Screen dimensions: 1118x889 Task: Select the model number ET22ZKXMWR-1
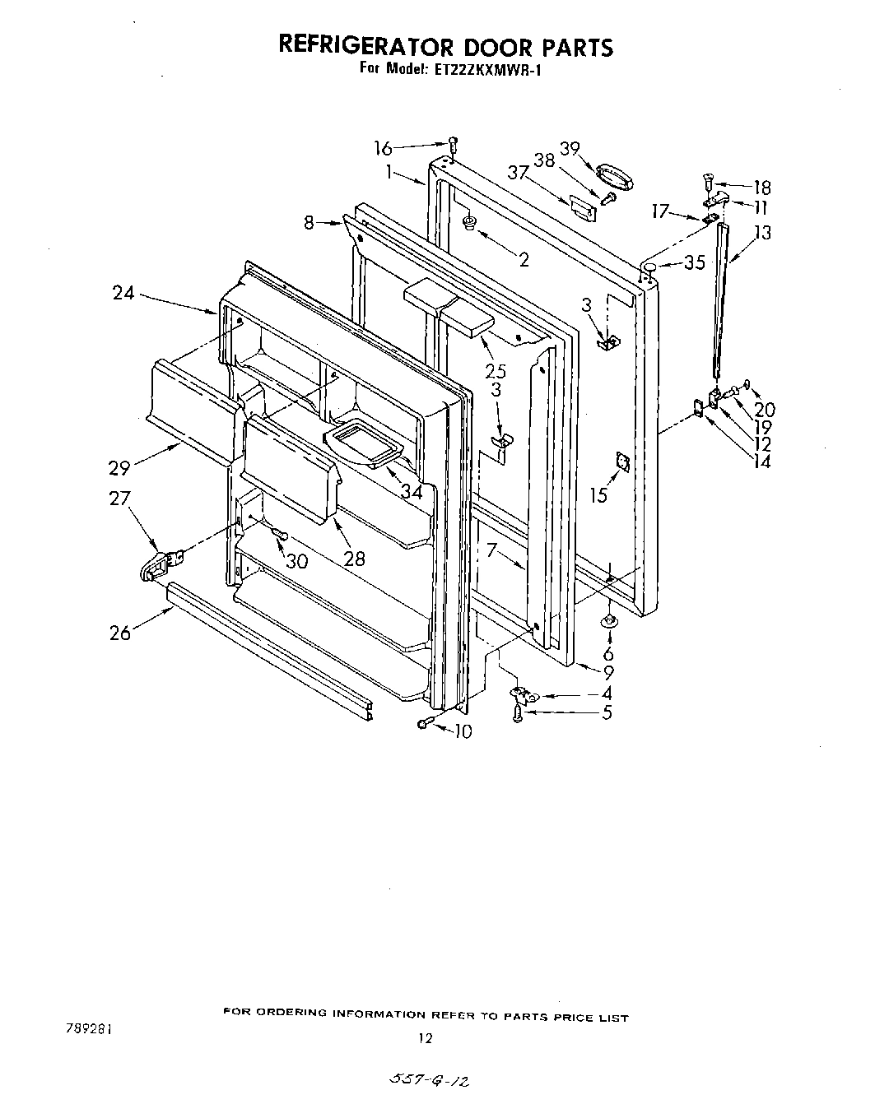click(x=483, y=70)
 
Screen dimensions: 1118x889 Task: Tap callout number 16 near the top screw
click(x=384, y=148)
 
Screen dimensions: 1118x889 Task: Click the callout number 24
click(x=123, y=292)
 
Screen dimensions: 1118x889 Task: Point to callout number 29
click(x=120, y=468)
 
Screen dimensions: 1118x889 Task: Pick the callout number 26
click(x=120, y=633)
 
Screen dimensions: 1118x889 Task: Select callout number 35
click(x=695, y=263)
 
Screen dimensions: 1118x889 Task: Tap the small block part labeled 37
click(x=581, y=207)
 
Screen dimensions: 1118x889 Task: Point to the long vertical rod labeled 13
click(x=722, y=304)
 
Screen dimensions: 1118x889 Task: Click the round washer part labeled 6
click(x=607, y=621)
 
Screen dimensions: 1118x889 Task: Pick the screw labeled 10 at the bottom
click(x=425, y=723)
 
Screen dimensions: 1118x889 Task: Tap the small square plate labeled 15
click(x=622, y=464)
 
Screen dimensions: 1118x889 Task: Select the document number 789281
click(x=86, y=1028)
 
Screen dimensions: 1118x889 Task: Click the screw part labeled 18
click(x=707, y=181)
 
